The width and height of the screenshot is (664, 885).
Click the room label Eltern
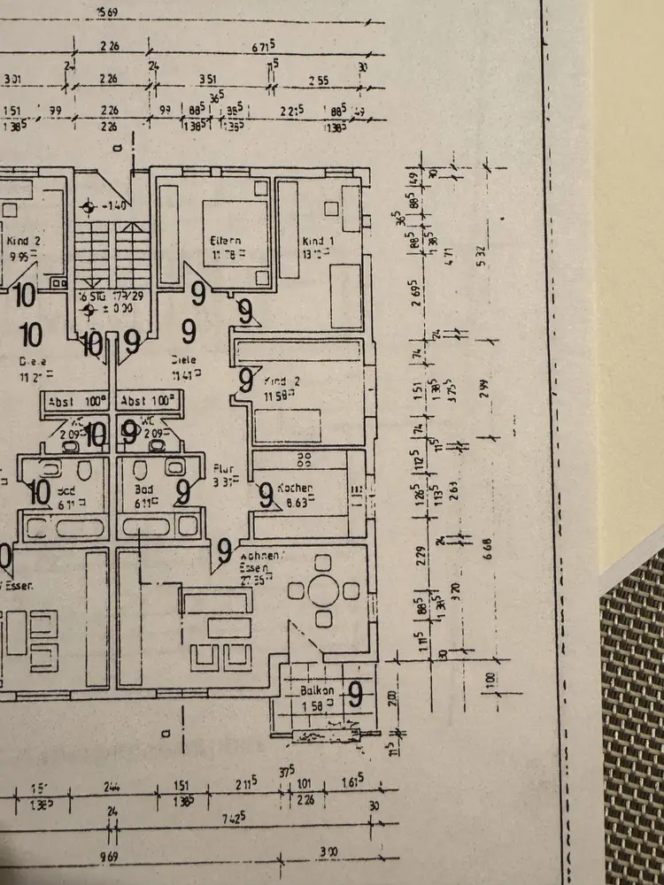point(226,240)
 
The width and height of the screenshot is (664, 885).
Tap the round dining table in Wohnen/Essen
point(324,591)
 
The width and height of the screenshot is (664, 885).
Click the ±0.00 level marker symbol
point(87,310)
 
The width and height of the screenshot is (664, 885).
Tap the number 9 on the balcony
point(355,695)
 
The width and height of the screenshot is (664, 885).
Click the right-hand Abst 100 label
point(148,399)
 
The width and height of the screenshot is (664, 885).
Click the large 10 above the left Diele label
point(30,335)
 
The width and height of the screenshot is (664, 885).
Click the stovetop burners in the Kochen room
point(305,458)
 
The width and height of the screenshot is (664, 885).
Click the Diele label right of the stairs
point(185,359)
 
